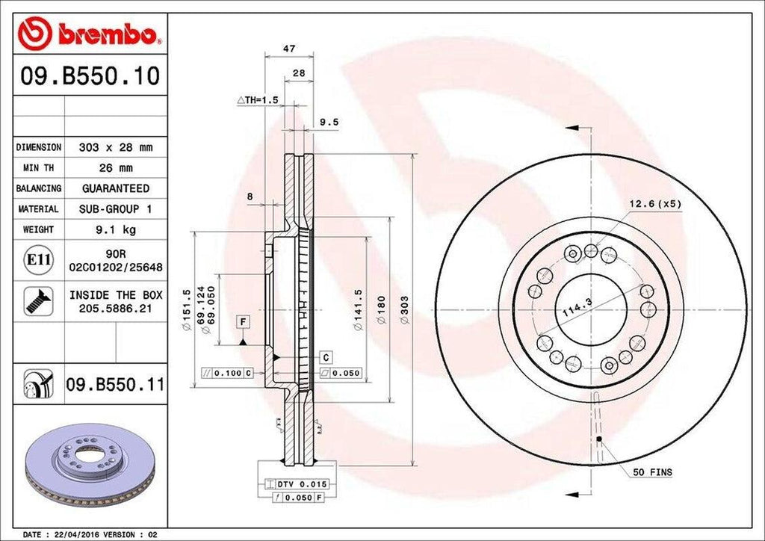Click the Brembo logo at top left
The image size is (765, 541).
click(90, 34)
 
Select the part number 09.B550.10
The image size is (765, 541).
click(90, 77)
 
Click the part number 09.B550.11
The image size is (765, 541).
click(114, 386)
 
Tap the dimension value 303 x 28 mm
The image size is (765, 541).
click(115, 147)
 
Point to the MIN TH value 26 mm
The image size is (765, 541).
click(115, 168)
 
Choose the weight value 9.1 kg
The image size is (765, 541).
click(115, 229)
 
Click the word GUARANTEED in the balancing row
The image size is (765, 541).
click(115, 188)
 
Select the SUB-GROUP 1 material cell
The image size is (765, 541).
click(115, 209)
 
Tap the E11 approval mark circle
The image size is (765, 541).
click(38, 260)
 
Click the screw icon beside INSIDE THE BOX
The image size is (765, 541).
click(37, 300)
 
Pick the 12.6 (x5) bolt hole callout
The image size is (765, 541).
click(654, 203)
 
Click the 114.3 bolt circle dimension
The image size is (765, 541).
click(574, 306)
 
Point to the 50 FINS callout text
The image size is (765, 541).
click(652, 472)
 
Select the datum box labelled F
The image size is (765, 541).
click(244, 322)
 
